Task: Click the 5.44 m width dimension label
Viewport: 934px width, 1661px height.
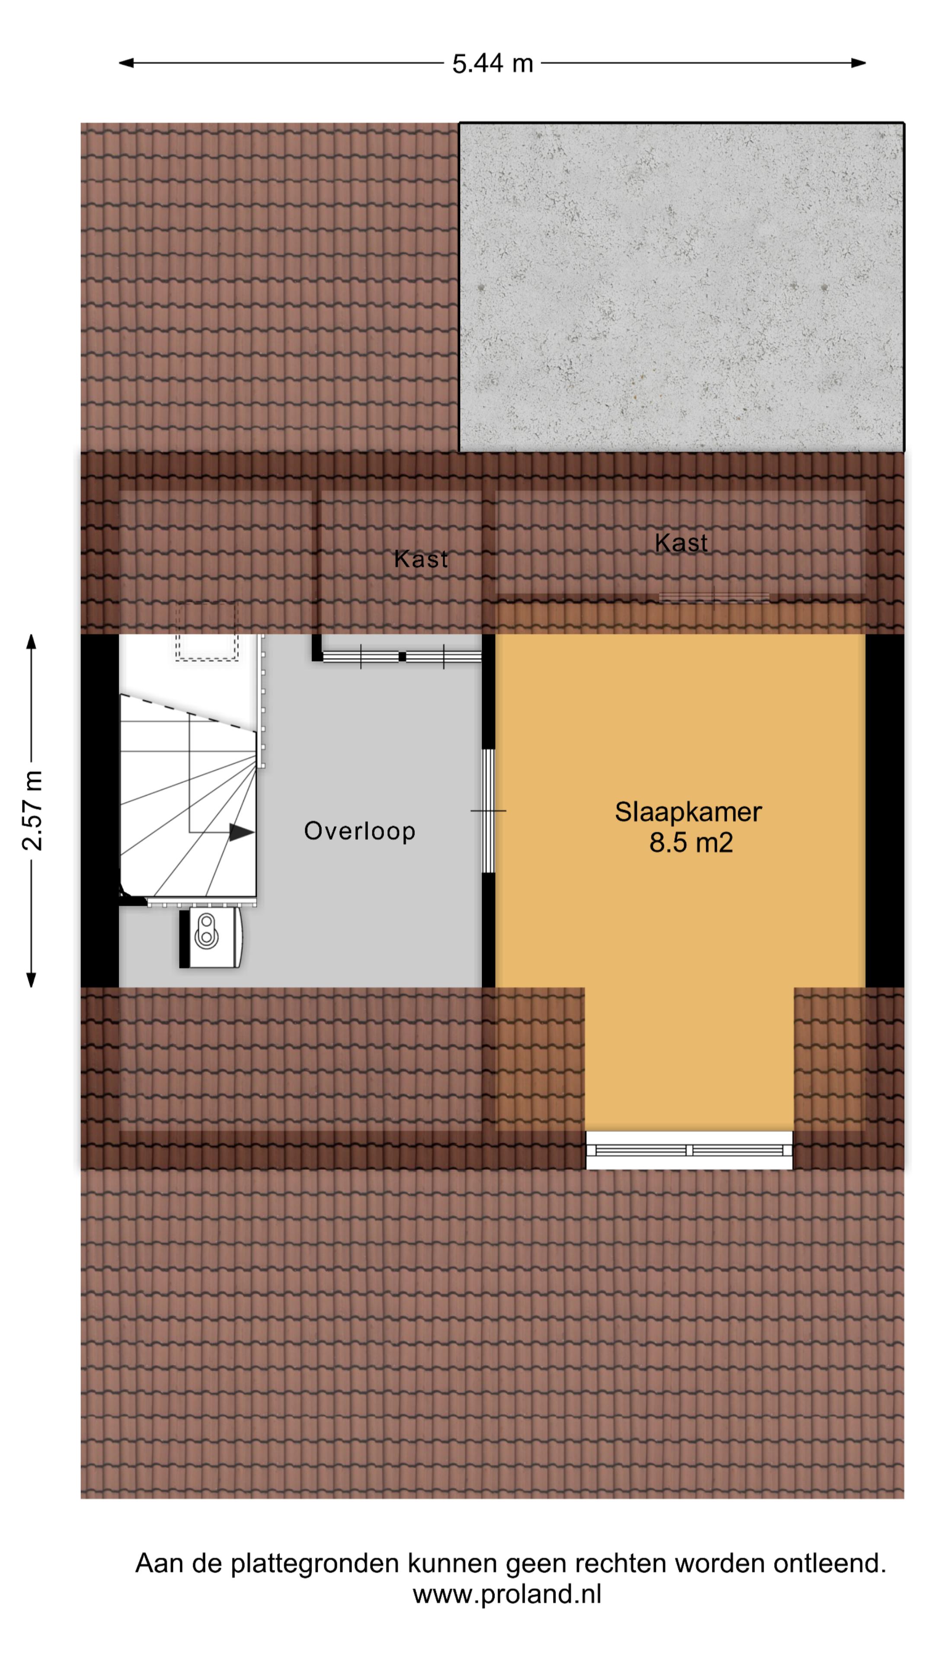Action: coord(493,63)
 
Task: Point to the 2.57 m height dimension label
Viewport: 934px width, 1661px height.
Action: coord(32,811)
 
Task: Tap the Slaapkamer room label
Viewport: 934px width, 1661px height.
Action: coord(688,812)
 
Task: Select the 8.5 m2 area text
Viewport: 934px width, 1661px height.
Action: coord(691,843)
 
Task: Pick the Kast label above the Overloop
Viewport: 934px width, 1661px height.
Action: coord(420,559)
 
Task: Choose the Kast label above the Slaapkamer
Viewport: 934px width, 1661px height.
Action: coord(681,543)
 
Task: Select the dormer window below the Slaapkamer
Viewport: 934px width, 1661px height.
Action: coord(688,1150)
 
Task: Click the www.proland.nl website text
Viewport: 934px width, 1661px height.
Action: coord(507,1594)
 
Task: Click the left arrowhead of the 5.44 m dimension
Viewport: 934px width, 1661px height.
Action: coord(126,63)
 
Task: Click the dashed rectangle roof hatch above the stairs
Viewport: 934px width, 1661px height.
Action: coord(207,632)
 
